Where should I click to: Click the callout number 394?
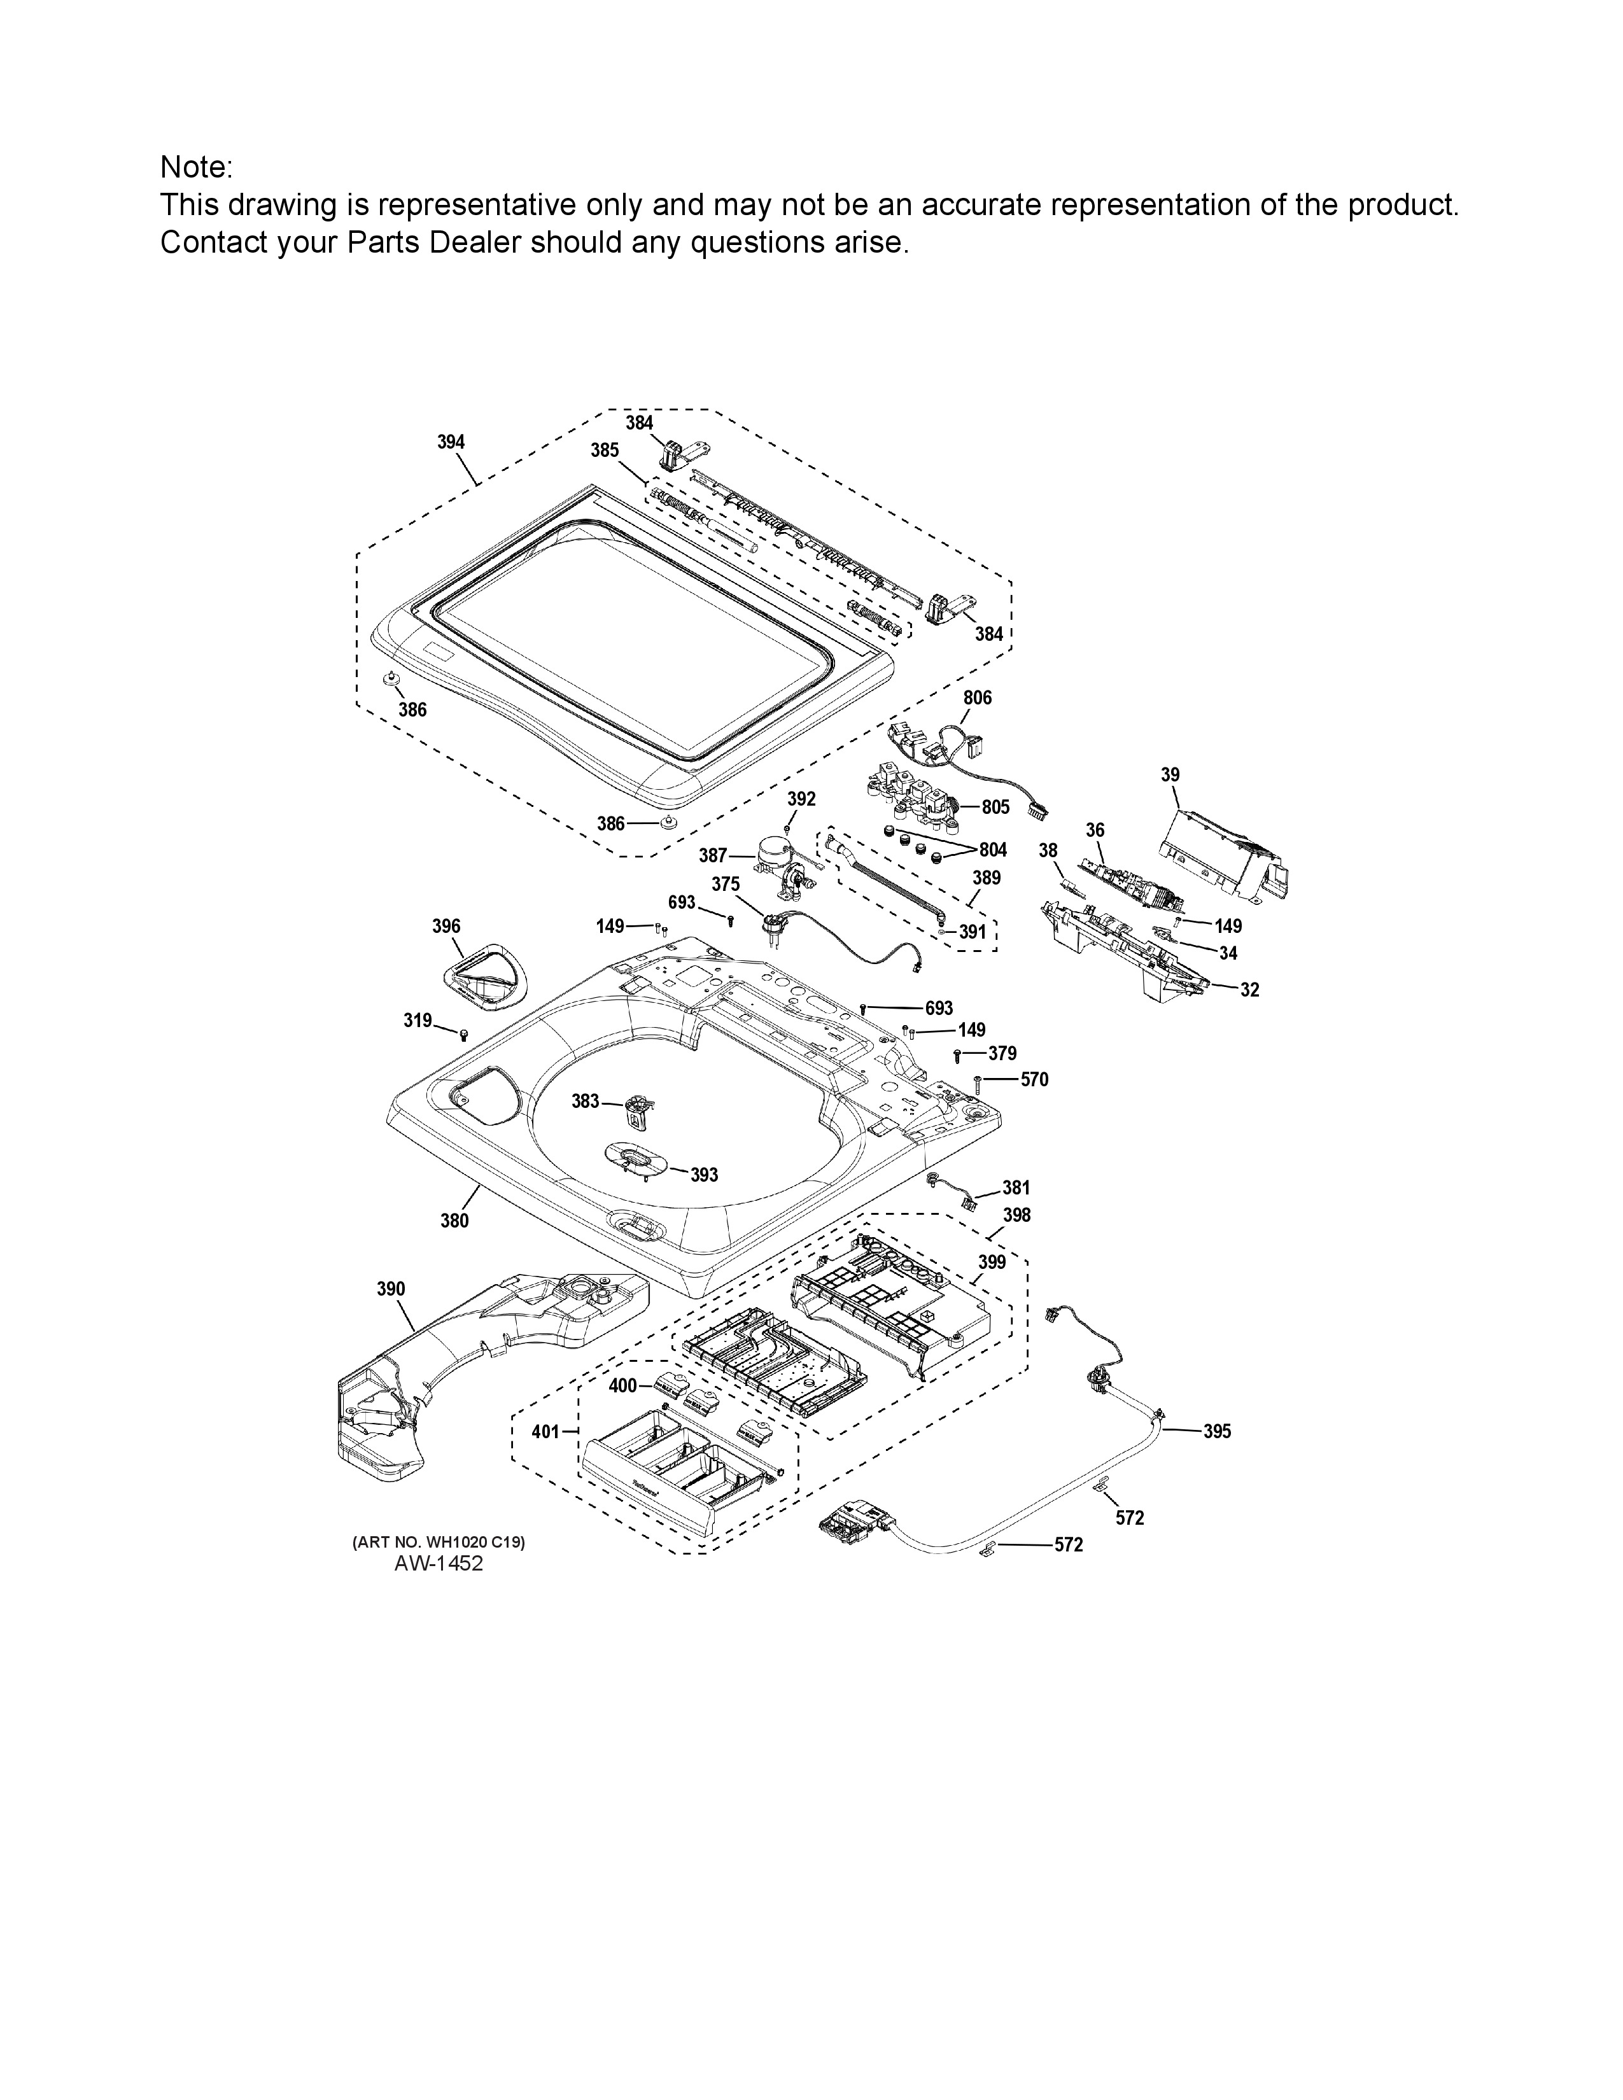pyautogui.click(x=451, y=442)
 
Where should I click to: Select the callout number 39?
pyautogui.click(x=1170, y=774)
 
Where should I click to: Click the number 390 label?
pyautogui.click(x=390, y=1289)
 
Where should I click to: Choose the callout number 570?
pyautogui.click(x=1034, y=1080)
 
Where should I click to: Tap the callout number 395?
pyautogui.click(x=1216, y=1431)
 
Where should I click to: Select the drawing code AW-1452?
pyautogui.click(x=439, y=1564)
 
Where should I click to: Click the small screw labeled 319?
pyautogui.click(x=463, y=1035)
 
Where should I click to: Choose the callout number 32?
pyautogui.click(x=1249, y=990)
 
